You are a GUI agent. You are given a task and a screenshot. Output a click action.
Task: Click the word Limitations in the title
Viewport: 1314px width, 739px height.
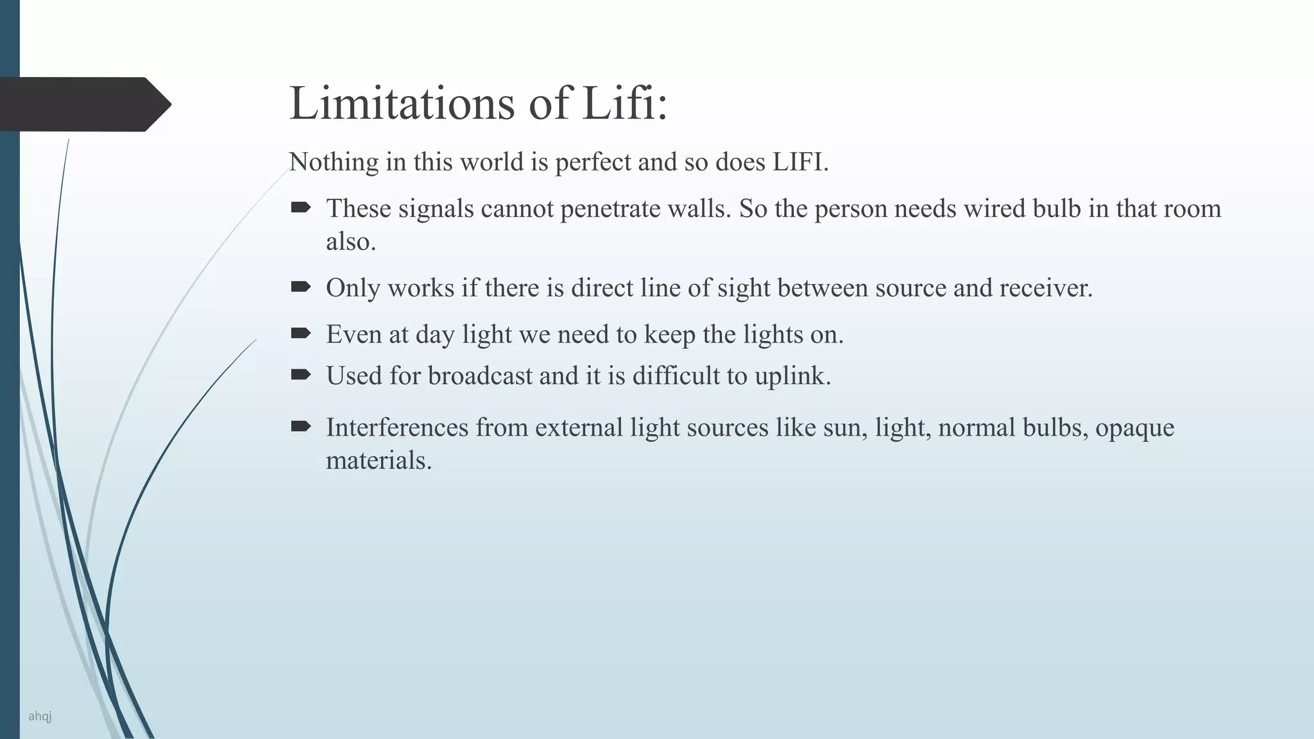click(x=402, y=103)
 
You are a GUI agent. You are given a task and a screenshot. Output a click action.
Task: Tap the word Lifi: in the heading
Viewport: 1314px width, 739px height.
click(x=624, y=103)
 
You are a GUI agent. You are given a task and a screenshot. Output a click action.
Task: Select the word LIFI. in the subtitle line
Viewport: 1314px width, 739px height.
click(x=800, y=162)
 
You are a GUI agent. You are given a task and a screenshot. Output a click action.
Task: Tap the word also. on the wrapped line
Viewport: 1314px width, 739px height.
click(x=350, y=242)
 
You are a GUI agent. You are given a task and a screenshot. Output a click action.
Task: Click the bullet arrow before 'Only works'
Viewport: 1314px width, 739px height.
click(x=300, y=287)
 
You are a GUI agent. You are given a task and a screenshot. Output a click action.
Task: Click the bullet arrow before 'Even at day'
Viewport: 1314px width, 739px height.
click(x=300, y=333)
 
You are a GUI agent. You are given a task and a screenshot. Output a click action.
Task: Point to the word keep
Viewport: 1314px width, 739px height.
click(x=670, y=336)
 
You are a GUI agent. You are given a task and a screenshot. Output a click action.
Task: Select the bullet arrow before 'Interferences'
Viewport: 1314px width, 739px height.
click(x=300, y=426)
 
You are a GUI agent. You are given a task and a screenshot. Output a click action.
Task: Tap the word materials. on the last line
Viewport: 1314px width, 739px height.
click(x=379, y=461)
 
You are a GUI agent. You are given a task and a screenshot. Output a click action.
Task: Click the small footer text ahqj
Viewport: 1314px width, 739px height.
click(x=40, y=716)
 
